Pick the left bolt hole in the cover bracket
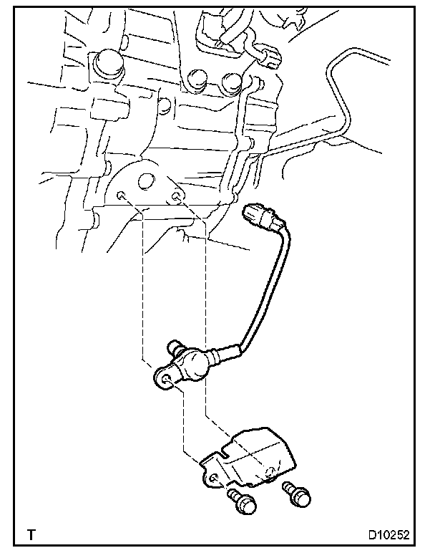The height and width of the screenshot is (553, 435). pyautogui.click(x=215, y=478)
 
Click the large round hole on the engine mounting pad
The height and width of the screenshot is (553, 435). pyautogui.click(x=147, y=181)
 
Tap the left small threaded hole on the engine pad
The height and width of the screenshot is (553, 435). pyautogui.click(x=122, y=195)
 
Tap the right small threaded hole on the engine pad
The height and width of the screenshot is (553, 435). pyautogui.click(x=175, y=195)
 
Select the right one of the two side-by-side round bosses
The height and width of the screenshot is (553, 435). pyautogui.click(x=231, y=82)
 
